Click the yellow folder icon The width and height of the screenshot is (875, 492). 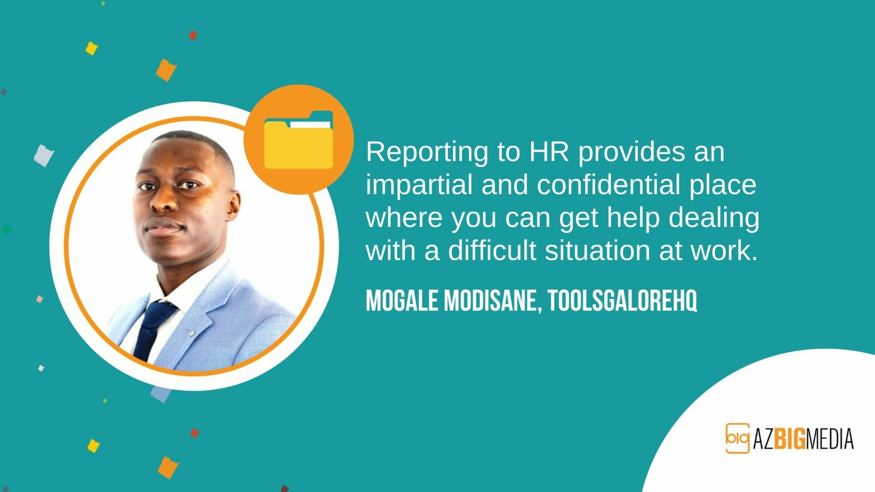click(x=299, y=140)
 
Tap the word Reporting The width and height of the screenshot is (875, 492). click(x=427, y=153)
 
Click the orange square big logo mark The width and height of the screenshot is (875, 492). click(x=737, y=438)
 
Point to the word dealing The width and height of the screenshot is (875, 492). click(x=714, y=218)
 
